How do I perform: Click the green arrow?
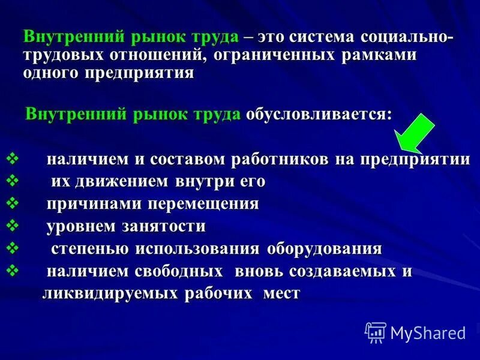[417, 131]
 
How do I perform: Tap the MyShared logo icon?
[376, 332]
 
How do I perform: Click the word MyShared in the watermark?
[428, 332]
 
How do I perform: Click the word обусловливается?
[319, 114]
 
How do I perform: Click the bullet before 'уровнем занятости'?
[13, 226]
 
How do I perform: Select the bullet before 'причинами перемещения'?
[13, 203]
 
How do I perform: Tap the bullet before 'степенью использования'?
[13, 248]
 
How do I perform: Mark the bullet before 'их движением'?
[13, 181]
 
